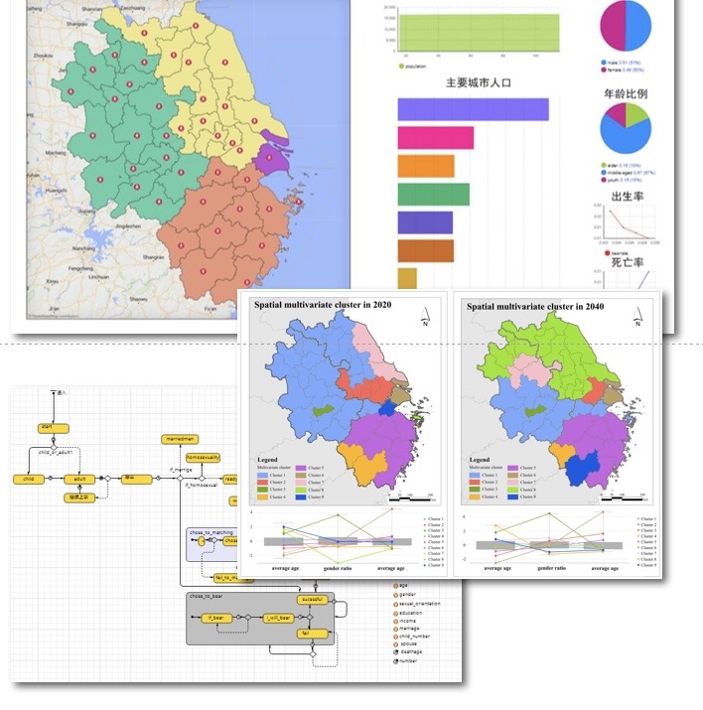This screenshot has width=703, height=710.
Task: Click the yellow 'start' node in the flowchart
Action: (x=47, y=428)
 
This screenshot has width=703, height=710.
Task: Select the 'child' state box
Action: (x=27, y=479)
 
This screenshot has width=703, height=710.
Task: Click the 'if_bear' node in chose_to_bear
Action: (x=215, y=618)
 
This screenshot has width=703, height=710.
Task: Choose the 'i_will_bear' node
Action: (x=278, y=618)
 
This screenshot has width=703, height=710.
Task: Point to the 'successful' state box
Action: (x=311, y=600)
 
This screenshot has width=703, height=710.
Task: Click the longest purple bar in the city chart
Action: (x=473, y=109)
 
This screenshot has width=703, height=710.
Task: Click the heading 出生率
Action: (x=627, y=197)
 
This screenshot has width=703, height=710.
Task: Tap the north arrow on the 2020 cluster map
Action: (x=424, y=313)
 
